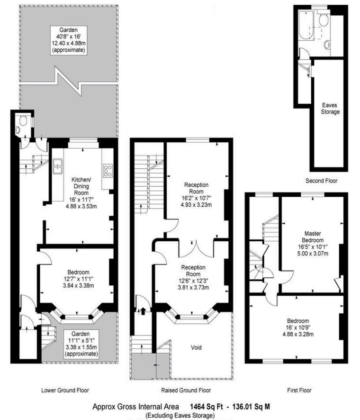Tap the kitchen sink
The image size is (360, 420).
coord(58,165)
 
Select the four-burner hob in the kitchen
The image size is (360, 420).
coord(107,169)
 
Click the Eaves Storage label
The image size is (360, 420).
coord(330,109)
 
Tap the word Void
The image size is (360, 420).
coord(196,347)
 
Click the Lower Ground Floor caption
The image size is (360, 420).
coord(65,391)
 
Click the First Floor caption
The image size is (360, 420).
coord(299,391)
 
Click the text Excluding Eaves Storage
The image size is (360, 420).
coord(180,415)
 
